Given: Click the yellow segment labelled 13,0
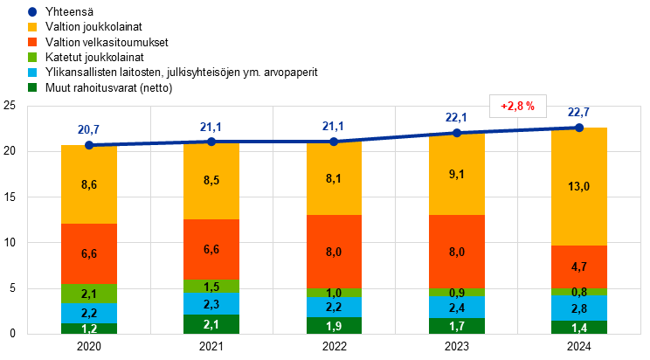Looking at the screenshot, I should (x=578, y=187).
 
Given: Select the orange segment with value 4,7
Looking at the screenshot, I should (x=578, y=267).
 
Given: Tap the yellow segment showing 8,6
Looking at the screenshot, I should (x=89, y=184).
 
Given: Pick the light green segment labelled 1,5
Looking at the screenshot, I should (x=211, y=287).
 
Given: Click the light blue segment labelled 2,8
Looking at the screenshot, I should (x=578, y=308).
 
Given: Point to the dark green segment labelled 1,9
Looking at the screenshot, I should (x=334, y=325).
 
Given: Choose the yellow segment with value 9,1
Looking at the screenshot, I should (x=456, y=174).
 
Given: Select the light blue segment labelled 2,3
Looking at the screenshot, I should (x=211, y=304).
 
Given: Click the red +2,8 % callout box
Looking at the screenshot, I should (x=518, y=106).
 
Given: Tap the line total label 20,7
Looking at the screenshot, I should (x=89, y=129).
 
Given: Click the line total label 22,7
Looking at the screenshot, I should (x=578, y=113).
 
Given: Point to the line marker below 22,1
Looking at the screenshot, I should (x=456, y=133).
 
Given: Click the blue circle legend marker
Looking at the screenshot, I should (x=32, y=12).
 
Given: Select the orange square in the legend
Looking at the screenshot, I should (x=32, y=42).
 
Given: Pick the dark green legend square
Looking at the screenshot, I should (x=32, y=87).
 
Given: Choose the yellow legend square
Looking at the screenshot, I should (x=32, y=27).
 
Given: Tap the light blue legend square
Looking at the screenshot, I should (x=32, y=72).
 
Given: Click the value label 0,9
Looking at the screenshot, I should (x=456, y=293).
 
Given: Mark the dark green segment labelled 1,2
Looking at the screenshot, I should (x=89, y=329).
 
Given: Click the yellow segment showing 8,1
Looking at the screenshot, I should (x=334, y=178).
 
